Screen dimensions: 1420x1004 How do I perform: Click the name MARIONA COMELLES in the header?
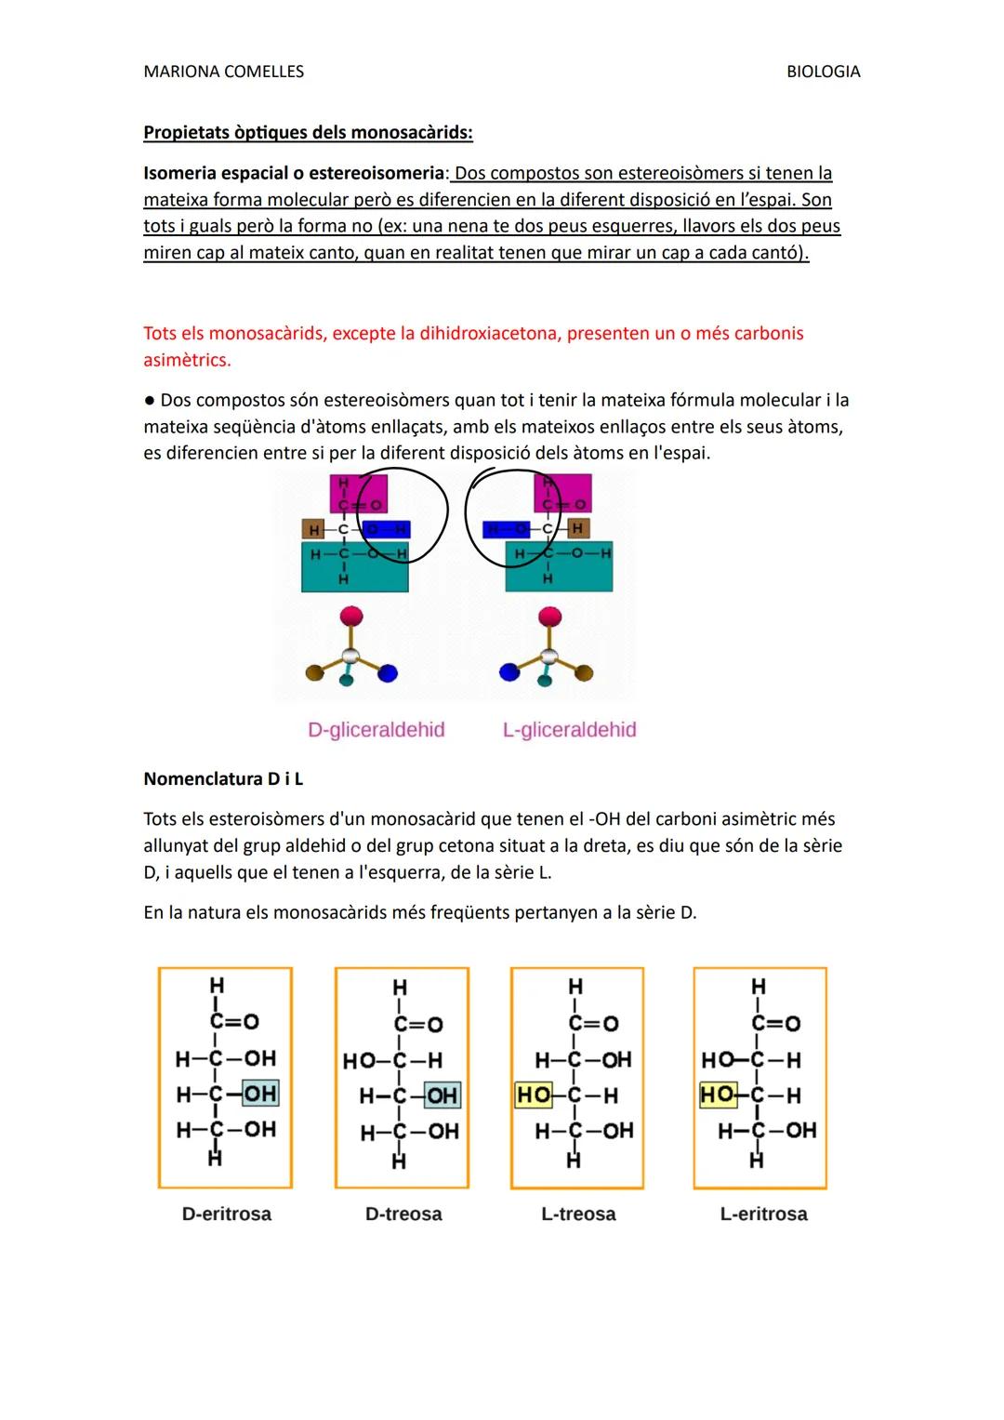223,72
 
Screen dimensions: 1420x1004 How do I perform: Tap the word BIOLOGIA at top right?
823,72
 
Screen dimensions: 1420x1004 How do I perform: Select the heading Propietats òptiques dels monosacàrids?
308,132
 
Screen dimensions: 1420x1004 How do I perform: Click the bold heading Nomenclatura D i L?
223,778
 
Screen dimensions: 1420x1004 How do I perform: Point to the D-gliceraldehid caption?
376,730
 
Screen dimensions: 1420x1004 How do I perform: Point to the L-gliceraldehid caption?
569,730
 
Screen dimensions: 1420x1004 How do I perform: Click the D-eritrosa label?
227,1214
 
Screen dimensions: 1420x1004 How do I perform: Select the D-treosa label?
403,1214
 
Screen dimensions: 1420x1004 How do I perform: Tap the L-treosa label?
578,1214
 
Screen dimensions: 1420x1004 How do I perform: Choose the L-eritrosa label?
763,1214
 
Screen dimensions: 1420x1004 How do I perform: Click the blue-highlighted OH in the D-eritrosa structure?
259,1094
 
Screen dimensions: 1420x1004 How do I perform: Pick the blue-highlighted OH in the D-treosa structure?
442,1095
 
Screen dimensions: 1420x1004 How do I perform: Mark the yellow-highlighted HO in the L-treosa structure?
534,1095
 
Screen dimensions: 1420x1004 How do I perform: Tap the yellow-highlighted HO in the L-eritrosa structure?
718,1095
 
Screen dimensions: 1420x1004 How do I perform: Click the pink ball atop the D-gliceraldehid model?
351,616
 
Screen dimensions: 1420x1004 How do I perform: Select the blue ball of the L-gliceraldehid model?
509,671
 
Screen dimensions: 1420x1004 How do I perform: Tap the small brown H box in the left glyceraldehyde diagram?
314,529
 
